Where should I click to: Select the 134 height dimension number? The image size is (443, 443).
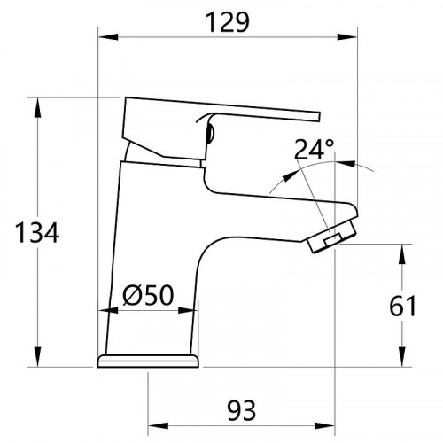pos(37,234)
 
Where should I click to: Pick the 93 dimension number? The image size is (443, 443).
pos(241,409)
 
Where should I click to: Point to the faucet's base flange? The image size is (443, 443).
pos(149,361)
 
